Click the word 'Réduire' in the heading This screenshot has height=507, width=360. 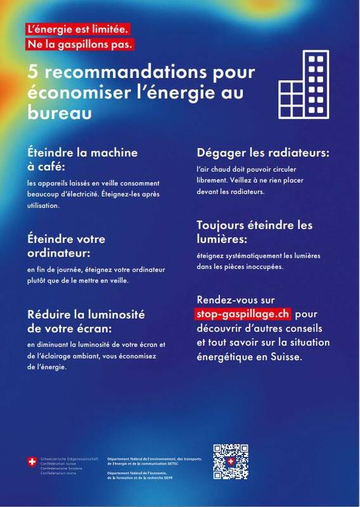tap(52, 315)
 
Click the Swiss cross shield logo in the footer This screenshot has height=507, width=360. tap(32, 461)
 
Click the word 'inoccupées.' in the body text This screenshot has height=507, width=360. tap(264, 267)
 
